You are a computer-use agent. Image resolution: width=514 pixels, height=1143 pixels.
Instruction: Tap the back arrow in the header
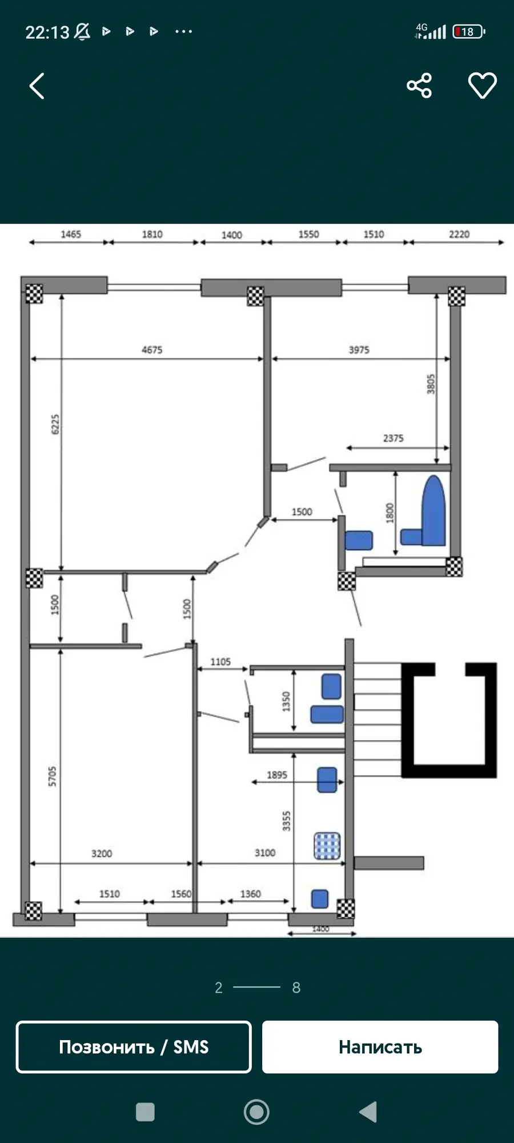(x=37, y=86)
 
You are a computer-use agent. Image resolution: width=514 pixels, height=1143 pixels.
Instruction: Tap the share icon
(x=419, y=86)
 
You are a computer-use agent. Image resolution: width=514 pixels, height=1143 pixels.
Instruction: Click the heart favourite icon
(x=483, y=86)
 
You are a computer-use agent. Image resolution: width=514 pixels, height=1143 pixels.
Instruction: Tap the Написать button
(x=380, y=1047)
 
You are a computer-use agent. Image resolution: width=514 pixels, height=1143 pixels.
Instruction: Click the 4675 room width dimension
(x=152, y=350)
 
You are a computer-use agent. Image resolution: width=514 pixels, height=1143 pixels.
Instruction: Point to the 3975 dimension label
(x=359, y=350)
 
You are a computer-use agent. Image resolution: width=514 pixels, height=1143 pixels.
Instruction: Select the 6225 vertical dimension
(x=55, y=424)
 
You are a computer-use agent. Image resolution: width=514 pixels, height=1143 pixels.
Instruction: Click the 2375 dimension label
(x=393, y=438)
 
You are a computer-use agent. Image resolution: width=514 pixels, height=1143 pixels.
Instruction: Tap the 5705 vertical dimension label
(x=53, y=776)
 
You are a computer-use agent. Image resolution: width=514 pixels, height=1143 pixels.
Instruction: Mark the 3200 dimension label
(x=102, y=853)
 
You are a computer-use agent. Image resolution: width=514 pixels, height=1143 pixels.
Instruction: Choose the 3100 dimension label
(x=265, y=853)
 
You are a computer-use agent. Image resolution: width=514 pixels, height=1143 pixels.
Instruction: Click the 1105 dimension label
(x=220, y=662)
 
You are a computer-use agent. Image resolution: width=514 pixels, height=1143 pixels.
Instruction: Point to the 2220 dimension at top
(x=459, y=234)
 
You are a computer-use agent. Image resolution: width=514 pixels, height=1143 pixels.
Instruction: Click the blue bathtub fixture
(x=433, y=510)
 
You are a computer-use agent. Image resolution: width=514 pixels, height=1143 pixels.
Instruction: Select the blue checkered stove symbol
(x=327, y=846)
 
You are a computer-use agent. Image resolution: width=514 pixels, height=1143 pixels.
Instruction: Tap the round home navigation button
(x=256, y=1112)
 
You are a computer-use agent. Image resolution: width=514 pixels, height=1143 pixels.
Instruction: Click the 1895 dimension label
(x=277, y=775)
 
